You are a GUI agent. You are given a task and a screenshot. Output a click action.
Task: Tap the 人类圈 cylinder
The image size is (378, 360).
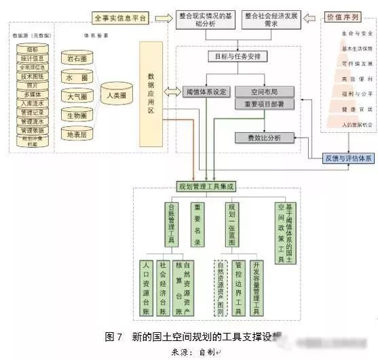click(117, 97)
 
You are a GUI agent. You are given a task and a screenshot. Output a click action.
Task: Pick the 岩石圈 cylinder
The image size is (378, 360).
click(76, 59)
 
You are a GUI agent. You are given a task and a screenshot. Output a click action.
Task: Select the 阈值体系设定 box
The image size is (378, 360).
click(207, 90)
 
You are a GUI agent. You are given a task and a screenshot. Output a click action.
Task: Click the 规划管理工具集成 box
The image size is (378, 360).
click(205, 186)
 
